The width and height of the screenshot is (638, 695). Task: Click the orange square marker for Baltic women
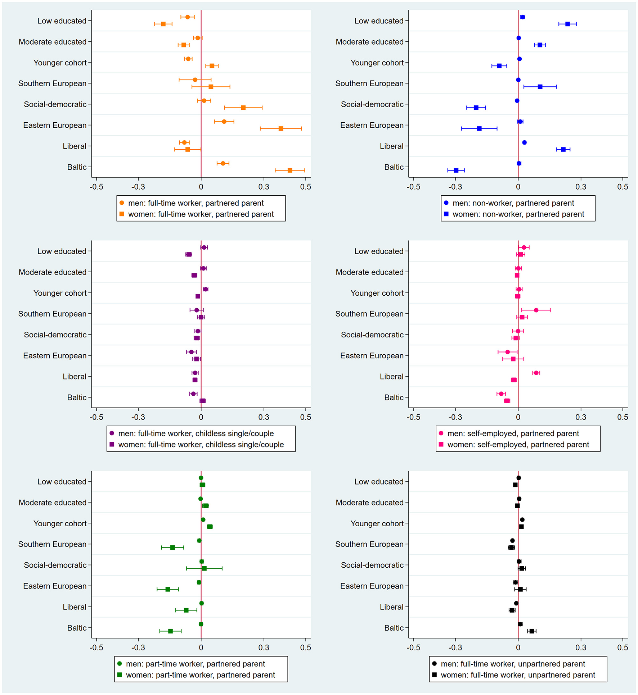(x=290, y=170)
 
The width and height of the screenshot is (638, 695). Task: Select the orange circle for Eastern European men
(x=224, y=122)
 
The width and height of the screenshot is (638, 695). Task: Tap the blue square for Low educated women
(x=567, y=24)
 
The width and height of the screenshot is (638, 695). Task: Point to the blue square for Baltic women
(x=456, y=170)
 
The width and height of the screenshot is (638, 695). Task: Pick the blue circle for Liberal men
(x=524, y=142)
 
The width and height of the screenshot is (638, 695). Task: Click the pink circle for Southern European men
(x=536, y=310)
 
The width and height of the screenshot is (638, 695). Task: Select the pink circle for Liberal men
(x=536, y=373)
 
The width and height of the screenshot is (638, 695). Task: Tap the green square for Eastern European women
(x=168, y=589)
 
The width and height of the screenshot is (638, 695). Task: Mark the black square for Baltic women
(x=532, y=631)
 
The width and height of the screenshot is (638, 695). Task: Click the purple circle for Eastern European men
(x=191, y=352)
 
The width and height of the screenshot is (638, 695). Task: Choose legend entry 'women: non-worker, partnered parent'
(x=518, y=214)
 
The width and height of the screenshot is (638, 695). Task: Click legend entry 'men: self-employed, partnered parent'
(x=513, y=433)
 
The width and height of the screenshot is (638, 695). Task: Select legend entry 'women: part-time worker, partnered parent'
(x=200, y=675)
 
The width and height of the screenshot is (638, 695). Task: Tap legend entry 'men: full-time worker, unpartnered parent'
(x=513, y=664)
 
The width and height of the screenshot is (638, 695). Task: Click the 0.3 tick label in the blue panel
(x=580, y=187)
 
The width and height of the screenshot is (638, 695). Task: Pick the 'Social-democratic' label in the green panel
(x=55, y=565)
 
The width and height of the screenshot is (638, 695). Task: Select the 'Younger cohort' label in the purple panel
(x=60, y=293)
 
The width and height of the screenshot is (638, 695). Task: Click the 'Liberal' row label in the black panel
(x=391, y=607)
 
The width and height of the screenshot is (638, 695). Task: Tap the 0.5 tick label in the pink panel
(x=623, y=417)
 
